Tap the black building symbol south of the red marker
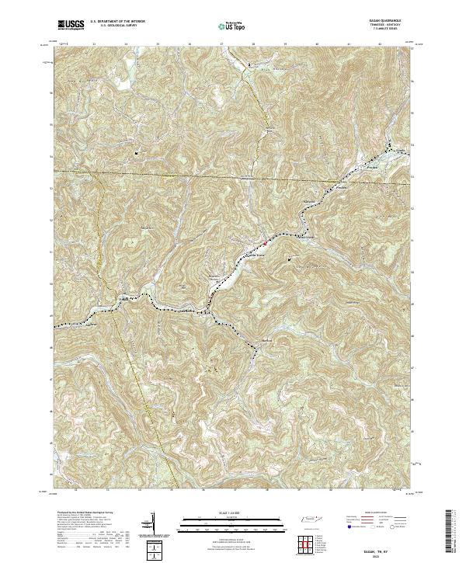[289, 259]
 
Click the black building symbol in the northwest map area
[136, 154]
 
